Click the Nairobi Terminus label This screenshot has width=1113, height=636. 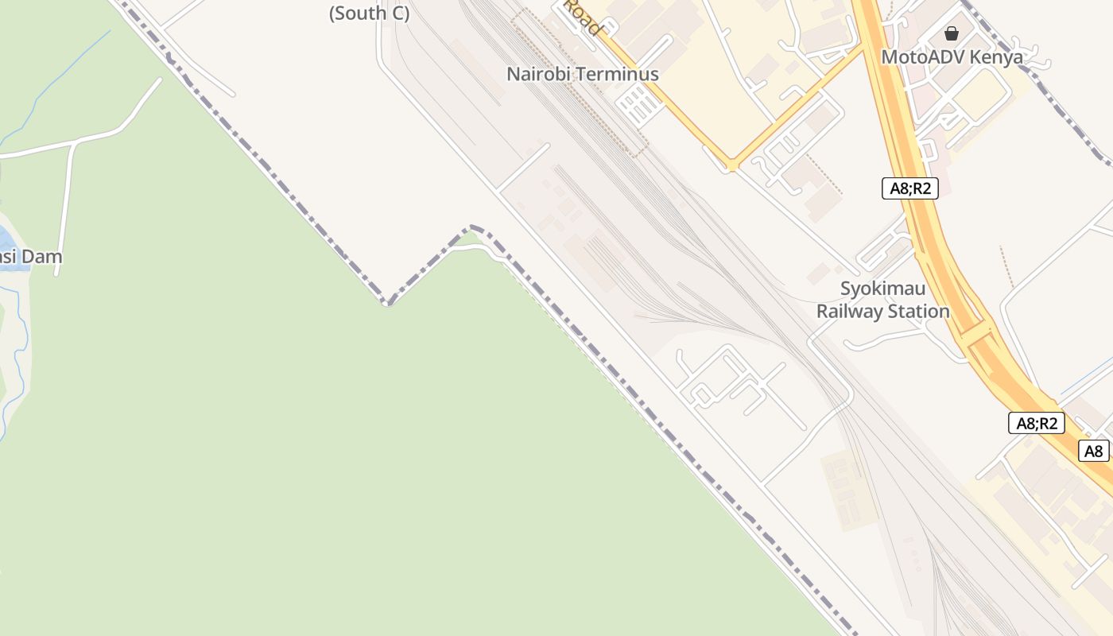click(x=583, y=74)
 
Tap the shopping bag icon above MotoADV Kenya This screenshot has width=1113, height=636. click(x=951, y=33)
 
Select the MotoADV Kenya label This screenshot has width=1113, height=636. click(x=952, y=57)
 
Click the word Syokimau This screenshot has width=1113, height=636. click(x=883, y=288)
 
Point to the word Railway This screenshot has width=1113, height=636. click(x=850, y=312)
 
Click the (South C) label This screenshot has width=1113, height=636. click(x=369, y=14)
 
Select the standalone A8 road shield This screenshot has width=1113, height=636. click(x=1094, y=451)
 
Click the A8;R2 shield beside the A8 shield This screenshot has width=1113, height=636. click(x=1037, y=423)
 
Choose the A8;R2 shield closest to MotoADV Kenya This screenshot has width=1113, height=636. click(x=909, y=188)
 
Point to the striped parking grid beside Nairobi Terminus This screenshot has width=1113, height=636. click(x=639, y=106)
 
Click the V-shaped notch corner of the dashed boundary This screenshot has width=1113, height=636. click(x=387, y=302)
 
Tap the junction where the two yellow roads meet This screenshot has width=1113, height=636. click(x=731, y=165)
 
